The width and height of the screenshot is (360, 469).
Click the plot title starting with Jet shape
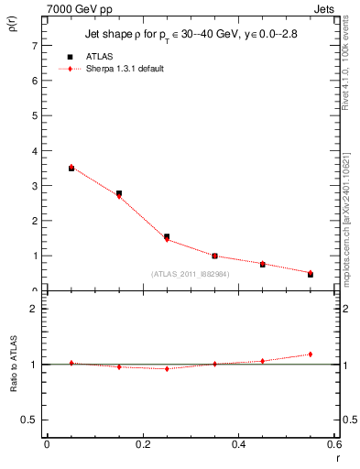tap(191, 35)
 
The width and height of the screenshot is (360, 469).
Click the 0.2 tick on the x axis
tap(142, 444)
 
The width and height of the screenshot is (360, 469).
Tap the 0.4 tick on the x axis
tap(238, 444)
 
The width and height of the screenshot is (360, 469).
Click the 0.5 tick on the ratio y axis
tap(31, 420)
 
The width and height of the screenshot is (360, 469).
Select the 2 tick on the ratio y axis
tap(35, 309)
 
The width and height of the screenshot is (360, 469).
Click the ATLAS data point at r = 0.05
tap(71, 169)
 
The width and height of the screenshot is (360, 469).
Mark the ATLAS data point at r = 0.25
tap(167, 236)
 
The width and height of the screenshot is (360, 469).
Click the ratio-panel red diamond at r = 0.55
tap(311, 354)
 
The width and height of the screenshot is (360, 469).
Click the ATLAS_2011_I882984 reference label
tap(191, 274)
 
